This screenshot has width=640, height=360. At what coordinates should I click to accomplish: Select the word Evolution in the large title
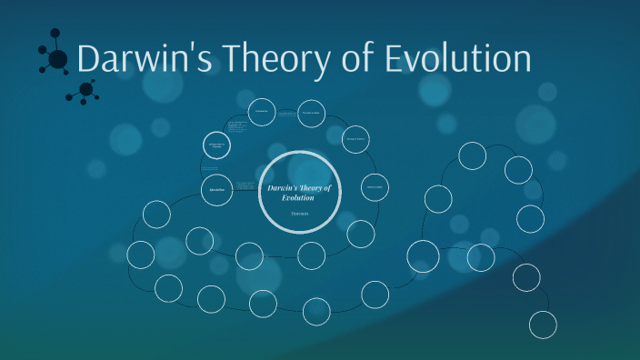[x=455, y=60]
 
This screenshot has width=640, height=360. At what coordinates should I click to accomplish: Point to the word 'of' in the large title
[x=356, y=60]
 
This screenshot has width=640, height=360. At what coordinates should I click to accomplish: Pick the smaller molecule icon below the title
[x=87, y=89]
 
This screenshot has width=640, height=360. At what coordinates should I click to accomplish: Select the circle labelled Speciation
[x=215, y=189]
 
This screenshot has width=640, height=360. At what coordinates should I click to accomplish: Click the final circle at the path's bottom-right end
[x=543, y=324]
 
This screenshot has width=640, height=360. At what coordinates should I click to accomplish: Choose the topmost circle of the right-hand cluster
[x=472, y=155]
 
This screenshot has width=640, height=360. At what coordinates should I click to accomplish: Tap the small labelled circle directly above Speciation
[x=215, y=145]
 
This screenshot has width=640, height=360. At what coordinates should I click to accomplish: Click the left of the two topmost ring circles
[x=262, y=112]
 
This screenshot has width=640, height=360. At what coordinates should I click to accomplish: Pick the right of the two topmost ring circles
[x=311, y=112]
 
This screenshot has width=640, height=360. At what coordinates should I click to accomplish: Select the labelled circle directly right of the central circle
[x=375, y=188]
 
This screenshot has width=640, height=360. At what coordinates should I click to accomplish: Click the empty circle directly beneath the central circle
[x=311, y=255]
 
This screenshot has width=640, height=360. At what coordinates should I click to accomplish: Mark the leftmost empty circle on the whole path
[x=141, y=255]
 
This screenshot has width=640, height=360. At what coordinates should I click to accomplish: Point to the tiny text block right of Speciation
[x=245, y=186]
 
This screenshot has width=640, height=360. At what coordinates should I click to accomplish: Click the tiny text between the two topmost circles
[x=285, y=115]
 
